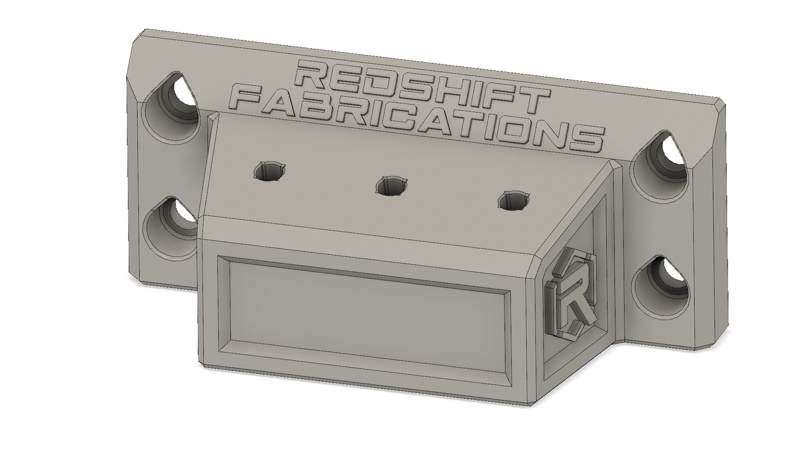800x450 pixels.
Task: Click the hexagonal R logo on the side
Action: tap(570, 293)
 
